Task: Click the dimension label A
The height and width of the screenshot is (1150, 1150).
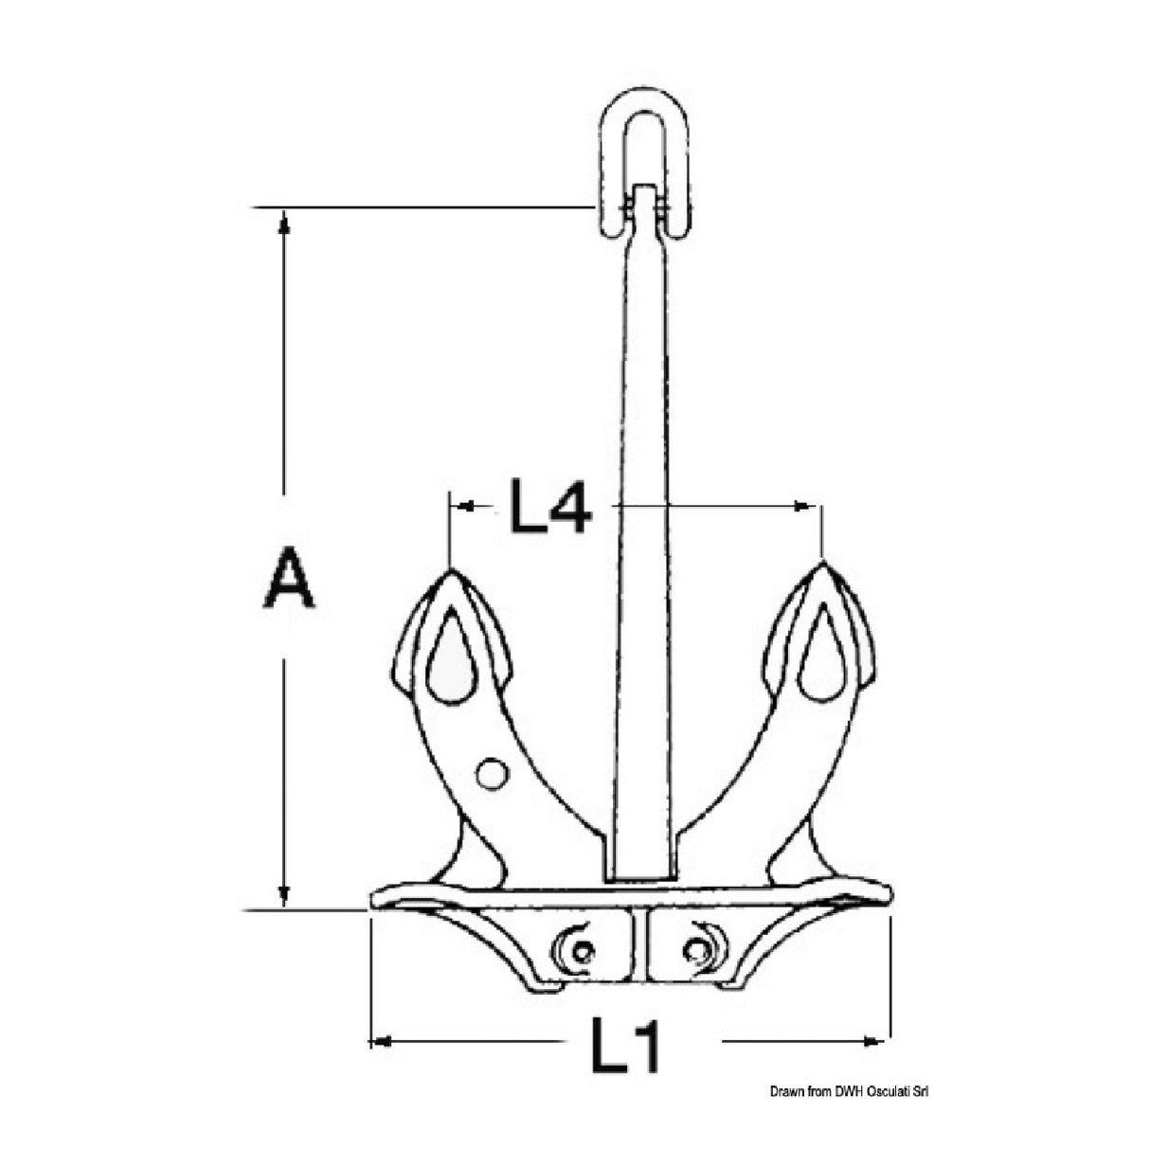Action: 289,579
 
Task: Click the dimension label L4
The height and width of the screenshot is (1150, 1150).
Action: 550,508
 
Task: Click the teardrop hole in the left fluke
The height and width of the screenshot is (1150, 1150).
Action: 451,656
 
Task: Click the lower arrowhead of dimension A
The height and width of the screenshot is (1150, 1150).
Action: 282,895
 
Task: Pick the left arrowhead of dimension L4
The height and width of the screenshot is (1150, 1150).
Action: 464,507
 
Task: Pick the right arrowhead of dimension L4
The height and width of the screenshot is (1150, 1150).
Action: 808,507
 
